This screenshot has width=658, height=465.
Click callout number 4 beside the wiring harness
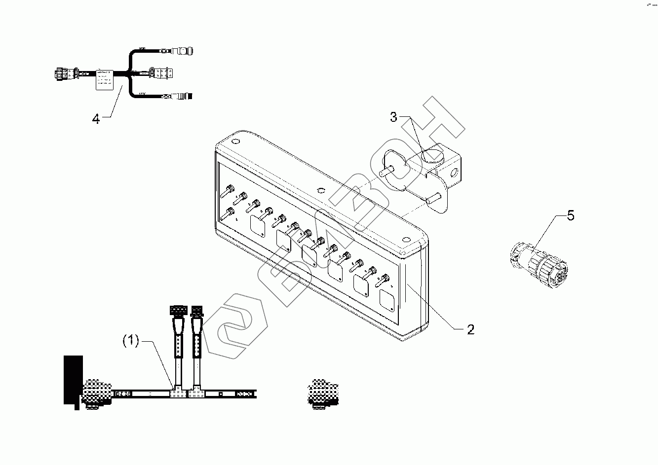[96, 119]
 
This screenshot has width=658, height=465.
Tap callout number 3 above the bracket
[393, 117]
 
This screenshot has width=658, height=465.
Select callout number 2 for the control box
[470, 330]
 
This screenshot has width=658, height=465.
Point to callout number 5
[570, 216]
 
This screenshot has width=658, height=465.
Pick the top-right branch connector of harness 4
[184, 51]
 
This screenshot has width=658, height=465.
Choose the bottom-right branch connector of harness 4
[185, 95]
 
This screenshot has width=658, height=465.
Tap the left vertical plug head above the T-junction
[177, 311]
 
